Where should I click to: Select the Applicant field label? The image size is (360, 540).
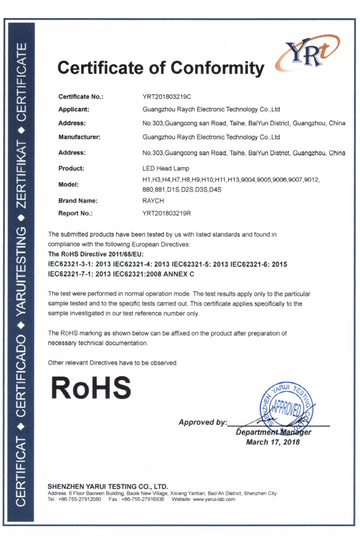point(74,110)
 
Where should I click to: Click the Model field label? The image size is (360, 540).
point(70,185)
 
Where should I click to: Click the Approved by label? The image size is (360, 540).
point(203,422)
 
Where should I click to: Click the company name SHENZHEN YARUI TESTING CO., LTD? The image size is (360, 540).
point(107,486)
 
